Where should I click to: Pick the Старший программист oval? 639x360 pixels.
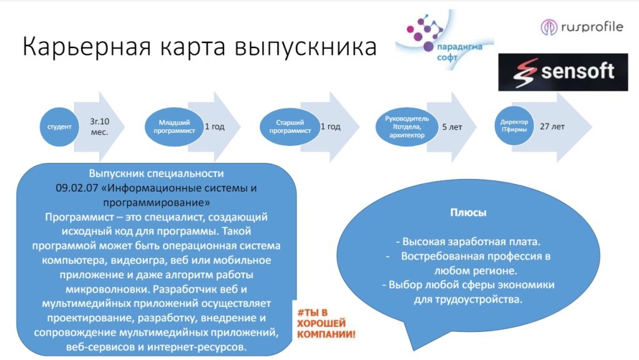click(x=289, y=127)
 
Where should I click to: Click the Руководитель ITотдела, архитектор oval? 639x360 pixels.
click(x=406, y=127)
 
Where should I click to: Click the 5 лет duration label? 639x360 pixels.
click(x=452, y=127)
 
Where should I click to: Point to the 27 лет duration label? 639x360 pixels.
click(x=553, y=127)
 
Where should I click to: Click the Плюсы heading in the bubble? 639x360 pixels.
click(x=468, y=213)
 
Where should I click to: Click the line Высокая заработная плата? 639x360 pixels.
click(x=468, y=241)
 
